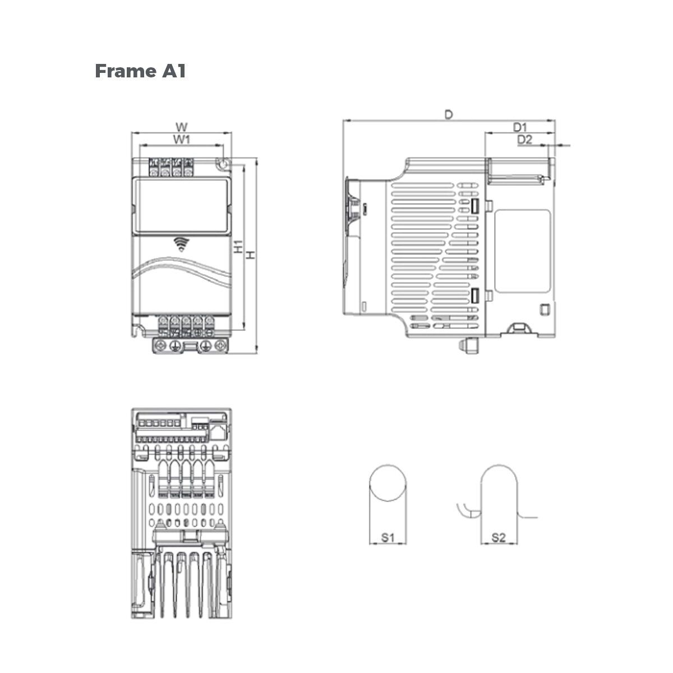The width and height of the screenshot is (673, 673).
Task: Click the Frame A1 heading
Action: coord(140,71)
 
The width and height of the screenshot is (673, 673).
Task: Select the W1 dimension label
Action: coord(181,138)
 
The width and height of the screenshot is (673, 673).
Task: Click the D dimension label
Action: coord(448,114)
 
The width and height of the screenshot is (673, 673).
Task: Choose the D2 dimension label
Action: coord(524,140)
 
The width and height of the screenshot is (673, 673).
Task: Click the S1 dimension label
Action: coord(389,537)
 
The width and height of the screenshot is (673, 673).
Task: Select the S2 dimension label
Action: coord(499,537)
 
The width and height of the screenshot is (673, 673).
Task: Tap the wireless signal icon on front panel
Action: coord(180,243)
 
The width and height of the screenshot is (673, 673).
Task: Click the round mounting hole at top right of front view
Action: coord(223,164)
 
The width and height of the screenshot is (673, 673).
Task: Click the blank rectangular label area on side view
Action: coord(522,251)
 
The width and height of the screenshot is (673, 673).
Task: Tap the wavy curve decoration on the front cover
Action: coord(181,272)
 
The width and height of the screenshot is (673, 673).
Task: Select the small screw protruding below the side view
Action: coord(469,346)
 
